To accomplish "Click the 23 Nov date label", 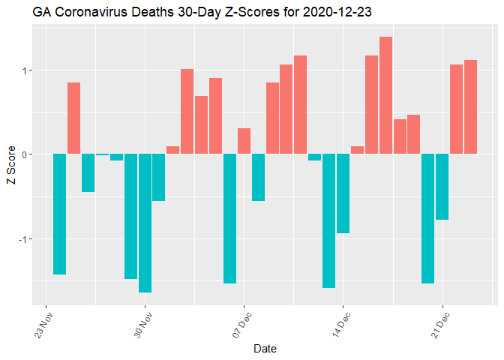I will tap(43, 323).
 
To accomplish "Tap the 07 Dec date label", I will tap(241, 323).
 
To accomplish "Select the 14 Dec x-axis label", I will tap(340, 323).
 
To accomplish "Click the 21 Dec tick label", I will tap(439, 323).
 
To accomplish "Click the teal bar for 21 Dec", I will tap(442, 187).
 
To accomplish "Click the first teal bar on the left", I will tap(60, 214).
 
